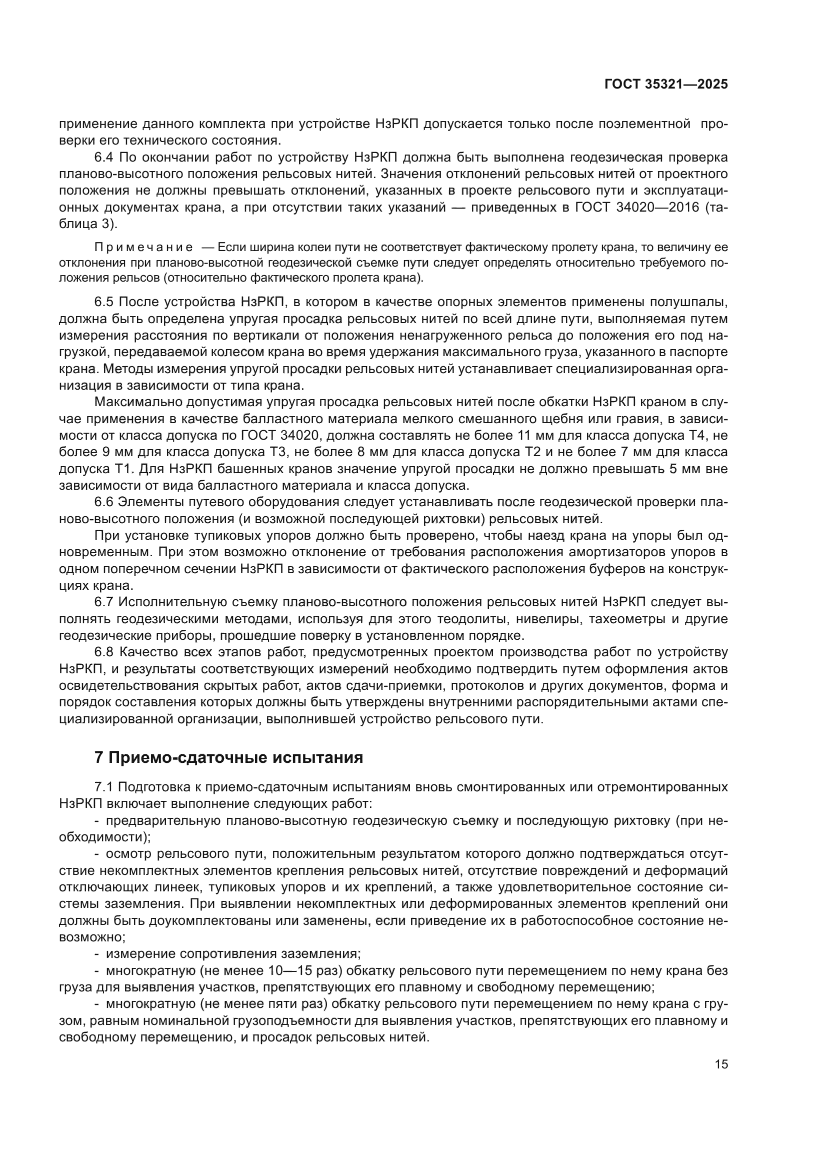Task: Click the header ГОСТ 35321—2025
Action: click(x=666, y=85)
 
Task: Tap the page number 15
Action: click(x=721, y=1064)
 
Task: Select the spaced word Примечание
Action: click(x=143, y=248)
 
